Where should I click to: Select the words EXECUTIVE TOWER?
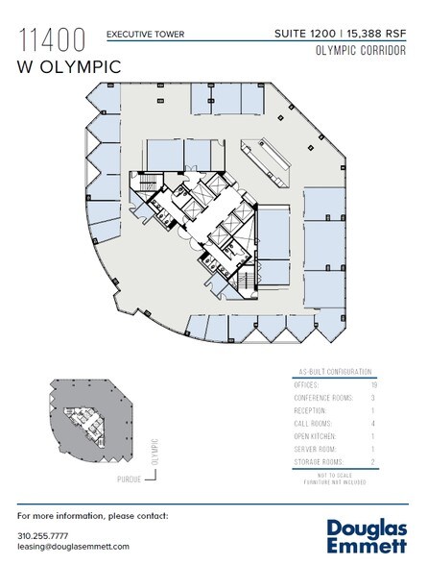pos(145,35)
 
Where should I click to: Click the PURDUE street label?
pos(129,479)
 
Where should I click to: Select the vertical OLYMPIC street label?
pos(154,452)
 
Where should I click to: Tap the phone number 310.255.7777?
pos(43,534)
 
